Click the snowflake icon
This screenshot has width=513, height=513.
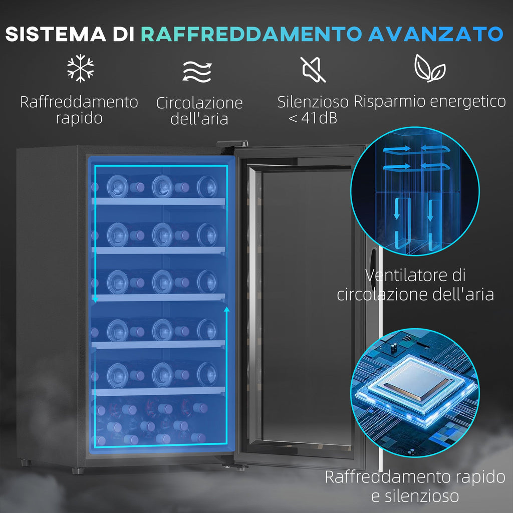pos(81,68)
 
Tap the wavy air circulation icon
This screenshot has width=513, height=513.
pos(197,71)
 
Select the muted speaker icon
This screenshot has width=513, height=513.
pos(313,69)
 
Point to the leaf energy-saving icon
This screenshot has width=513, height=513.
pos(429,68)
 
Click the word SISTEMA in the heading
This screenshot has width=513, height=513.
pos(55,34)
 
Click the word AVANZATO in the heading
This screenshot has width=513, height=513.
pos(435,34)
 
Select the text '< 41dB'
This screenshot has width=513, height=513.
pos(313,118)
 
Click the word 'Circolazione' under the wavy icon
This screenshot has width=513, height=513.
pos(199,103)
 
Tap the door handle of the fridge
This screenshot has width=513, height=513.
pos(373,265)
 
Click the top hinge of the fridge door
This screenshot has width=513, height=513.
pos(232,144)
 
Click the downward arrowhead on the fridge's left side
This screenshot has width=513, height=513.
pos(95,299)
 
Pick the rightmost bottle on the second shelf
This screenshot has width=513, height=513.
pos(207,235)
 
